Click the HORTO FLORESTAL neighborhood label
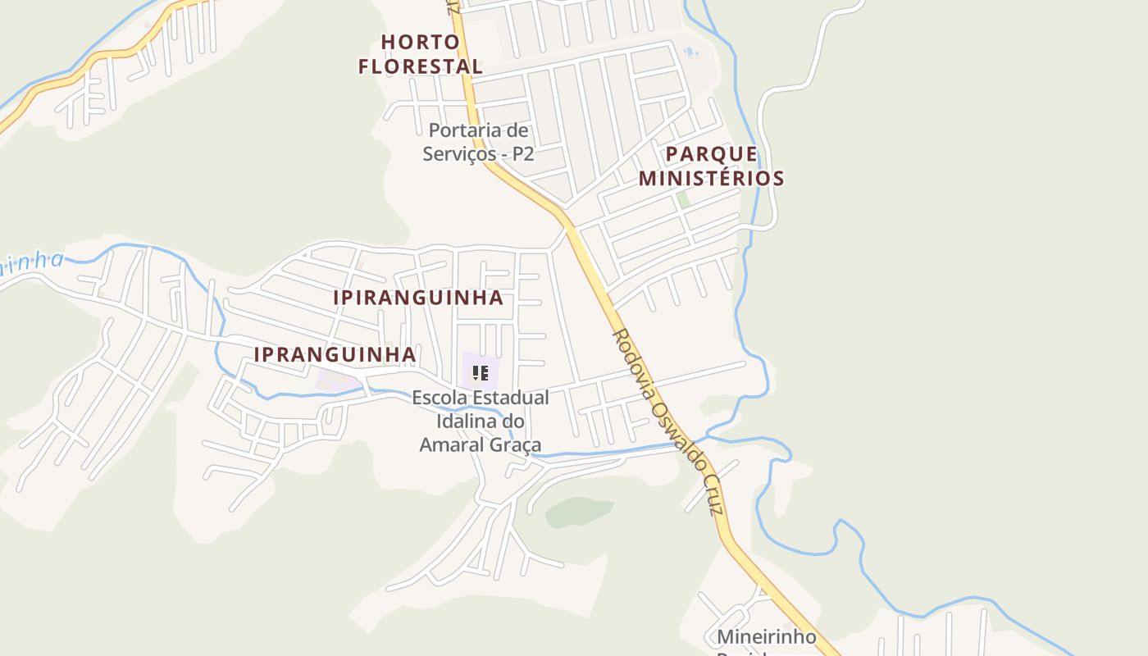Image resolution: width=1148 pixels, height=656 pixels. coord(420,54)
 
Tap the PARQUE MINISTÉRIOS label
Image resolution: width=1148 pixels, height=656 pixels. coord(712,166)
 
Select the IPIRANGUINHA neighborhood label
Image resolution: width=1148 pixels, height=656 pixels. coord(418,298)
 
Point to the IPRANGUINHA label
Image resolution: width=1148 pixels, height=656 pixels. coord(335,354)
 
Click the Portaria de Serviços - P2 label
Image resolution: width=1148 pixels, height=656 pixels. coord(479,142)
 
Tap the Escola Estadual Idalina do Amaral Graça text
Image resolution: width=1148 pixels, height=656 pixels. coord(481,421)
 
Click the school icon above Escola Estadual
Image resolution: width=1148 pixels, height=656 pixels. coord(481,374)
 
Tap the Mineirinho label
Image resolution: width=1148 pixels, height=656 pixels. coord(767,636)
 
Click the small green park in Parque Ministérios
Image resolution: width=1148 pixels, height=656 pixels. coord(683,199)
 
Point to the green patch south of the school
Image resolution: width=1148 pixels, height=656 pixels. coord(579,511)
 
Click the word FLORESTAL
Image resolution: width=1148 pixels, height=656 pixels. coord(420,66)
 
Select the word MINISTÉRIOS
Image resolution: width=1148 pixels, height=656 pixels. coord(712,178)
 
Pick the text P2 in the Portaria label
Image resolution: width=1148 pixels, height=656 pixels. coord(523,153)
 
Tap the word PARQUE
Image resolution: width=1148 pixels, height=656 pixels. coord(712,153)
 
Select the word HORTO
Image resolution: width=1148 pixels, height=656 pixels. coord(420,42)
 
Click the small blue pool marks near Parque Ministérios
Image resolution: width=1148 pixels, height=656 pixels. coord(691,53)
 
